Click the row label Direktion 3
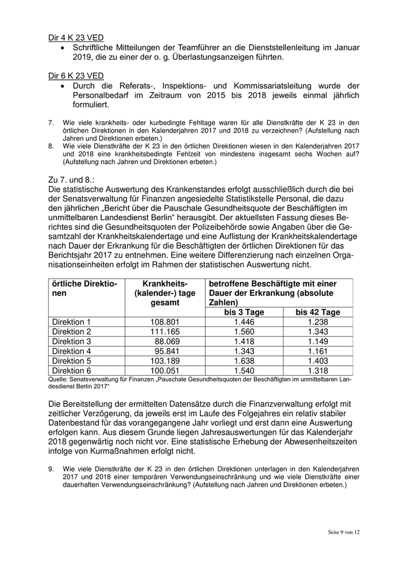72,341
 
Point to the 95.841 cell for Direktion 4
169,351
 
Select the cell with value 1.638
244,361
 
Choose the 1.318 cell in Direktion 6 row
318,370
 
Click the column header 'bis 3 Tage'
244,312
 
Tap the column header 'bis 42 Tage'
318,312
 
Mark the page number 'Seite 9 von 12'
344,532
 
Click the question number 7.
50,122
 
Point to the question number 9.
50,467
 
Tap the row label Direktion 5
72,361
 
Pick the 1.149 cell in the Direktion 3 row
318,341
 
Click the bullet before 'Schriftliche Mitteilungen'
64,48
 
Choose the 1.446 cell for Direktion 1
244,321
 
